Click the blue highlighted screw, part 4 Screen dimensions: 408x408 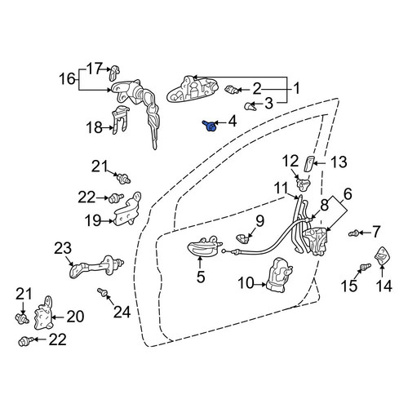pos(209,126)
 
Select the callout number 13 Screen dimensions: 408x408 pos(339,162)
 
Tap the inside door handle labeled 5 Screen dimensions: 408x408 pos(204,246)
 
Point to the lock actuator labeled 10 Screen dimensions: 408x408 pos(280,275)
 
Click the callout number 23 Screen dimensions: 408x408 pos(63,248)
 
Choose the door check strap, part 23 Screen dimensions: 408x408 pos(96,267)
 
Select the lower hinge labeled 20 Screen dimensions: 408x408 pos(43,313)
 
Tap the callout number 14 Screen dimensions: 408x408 pos(384,286)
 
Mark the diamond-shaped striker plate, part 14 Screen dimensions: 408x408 pos(382,255)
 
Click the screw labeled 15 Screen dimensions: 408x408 pos(365,267)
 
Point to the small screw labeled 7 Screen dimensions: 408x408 pos(353,233)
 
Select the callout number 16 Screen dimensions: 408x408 pos(67,79)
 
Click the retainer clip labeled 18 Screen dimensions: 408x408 pos(120,119)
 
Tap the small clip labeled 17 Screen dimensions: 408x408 pos(114,73)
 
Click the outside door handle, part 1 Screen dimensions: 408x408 pos(192,90)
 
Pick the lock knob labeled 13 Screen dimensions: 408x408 pos(309,164)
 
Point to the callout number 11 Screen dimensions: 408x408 pos(281,188)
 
